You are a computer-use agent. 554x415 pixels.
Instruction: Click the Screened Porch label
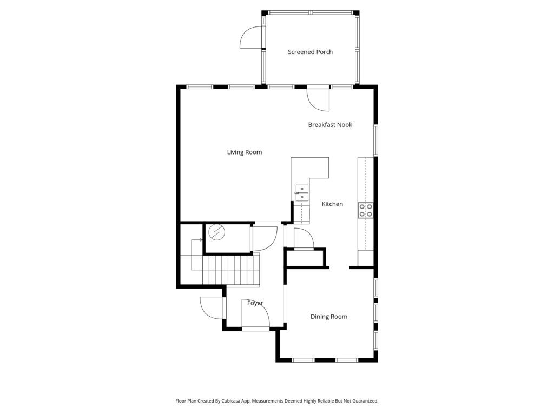tap(310, 52)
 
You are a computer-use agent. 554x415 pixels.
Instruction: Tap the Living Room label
tap(245, 152)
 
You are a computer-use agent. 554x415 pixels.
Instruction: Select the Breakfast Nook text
tap(330, 125)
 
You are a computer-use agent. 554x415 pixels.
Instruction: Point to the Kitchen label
tap(332, 204)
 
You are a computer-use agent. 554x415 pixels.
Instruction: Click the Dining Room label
tap(328, 317)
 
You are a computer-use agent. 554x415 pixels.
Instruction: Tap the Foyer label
tap(255, 303)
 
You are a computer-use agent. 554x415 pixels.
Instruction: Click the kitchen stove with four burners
tap(366, 211)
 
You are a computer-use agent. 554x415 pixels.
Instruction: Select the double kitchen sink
tap(302, 193)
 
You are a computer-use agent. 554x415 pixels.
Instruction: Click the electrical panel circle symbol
tap(216, 232)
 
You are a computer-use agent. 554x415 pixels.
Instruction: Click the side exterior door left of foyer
tap(212, 308)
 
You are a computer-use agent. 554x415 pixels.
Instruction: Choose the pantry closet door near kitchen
tap(304, 239)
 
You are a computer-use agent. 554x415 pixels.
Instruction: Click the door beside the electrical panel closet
tap(265, 238)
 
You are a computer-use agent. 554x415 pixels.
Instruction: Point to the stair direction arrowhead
tap(201, 240)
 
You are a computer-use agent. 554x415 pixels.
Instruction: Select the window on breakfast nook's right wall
tap(375, 140)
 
